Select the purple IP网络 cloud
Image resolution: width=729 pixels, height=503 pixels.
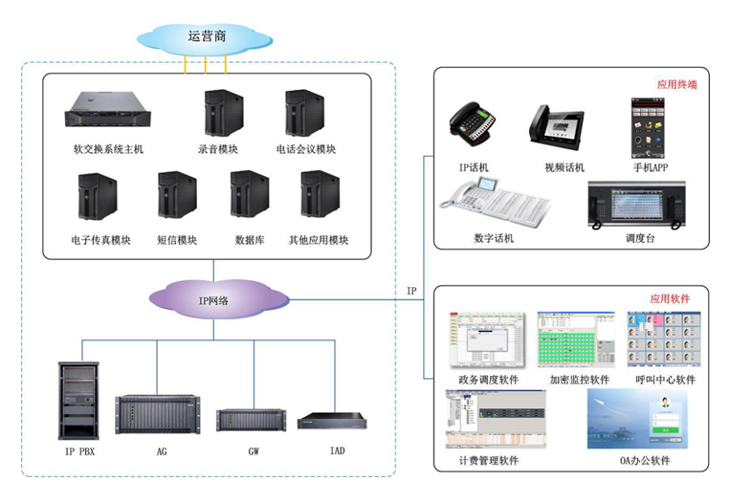pyautogui.click(x=218, y=299)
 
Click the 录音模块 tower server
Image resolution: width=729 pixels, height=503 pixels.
pyautogui.click(x=218, y=114)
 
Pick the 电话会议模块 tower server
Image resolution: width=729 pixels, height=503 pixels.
pyautogui.click(x=304, y=114)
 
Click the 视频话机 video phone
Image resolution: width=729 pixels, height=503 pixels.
pyautogui.click(x=556, y=127)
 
